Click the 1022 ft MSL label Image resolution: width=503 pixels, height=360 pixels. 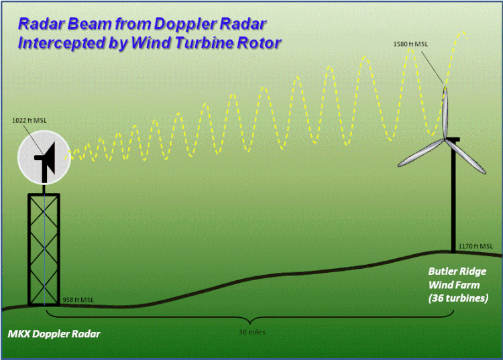(x=31, y=121)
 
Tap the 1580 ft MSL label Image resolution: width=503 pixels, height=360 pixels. (x=410, y=44)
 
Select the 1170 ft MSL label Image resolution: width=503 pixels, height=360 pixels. (x=478, y=247)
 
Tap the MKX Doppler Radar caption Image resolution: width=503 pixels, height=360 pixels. (x=54, y=333)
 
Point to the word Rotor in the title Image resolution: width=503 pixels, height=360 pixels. (x=260, y=43)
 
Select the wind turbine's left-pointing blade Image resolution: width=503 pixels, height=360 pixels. (x=420, y=154)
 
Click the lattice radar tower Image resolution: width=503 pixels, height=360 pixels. (x=43, y=248)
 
